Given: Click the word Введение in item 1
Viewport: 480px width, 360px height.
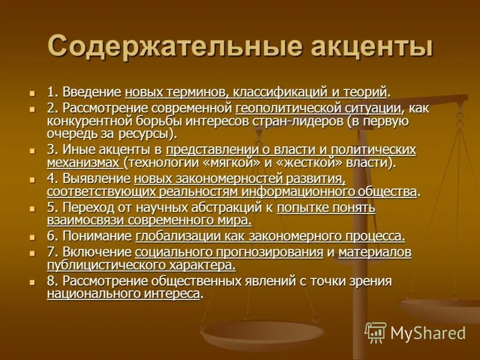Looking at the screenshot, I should point(92,92).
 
